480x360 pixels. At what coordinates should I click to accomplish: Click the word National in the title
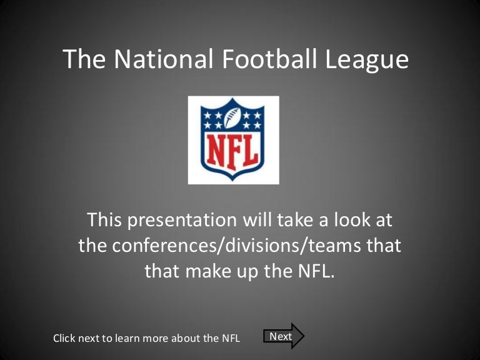[x=164, y=59]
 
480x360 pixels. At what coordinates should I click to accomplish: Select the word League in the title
[x=367, y=61]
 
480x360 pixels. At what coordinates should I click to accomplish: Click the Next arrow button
[x=284, y=336]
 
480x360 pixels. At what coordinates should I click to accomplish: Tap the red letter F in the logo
[x=234, y=152]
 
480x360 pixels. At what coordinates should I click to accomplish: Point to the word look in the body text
[x=352, y=220]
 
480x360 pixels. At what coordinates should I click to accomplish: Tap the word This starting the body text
[x=104, y=220]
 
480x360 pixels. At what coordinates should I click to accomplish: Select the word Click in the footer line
[x=64, y=338]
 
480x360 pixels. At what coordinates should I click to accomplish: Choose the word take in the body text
[x=294, y=220]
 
